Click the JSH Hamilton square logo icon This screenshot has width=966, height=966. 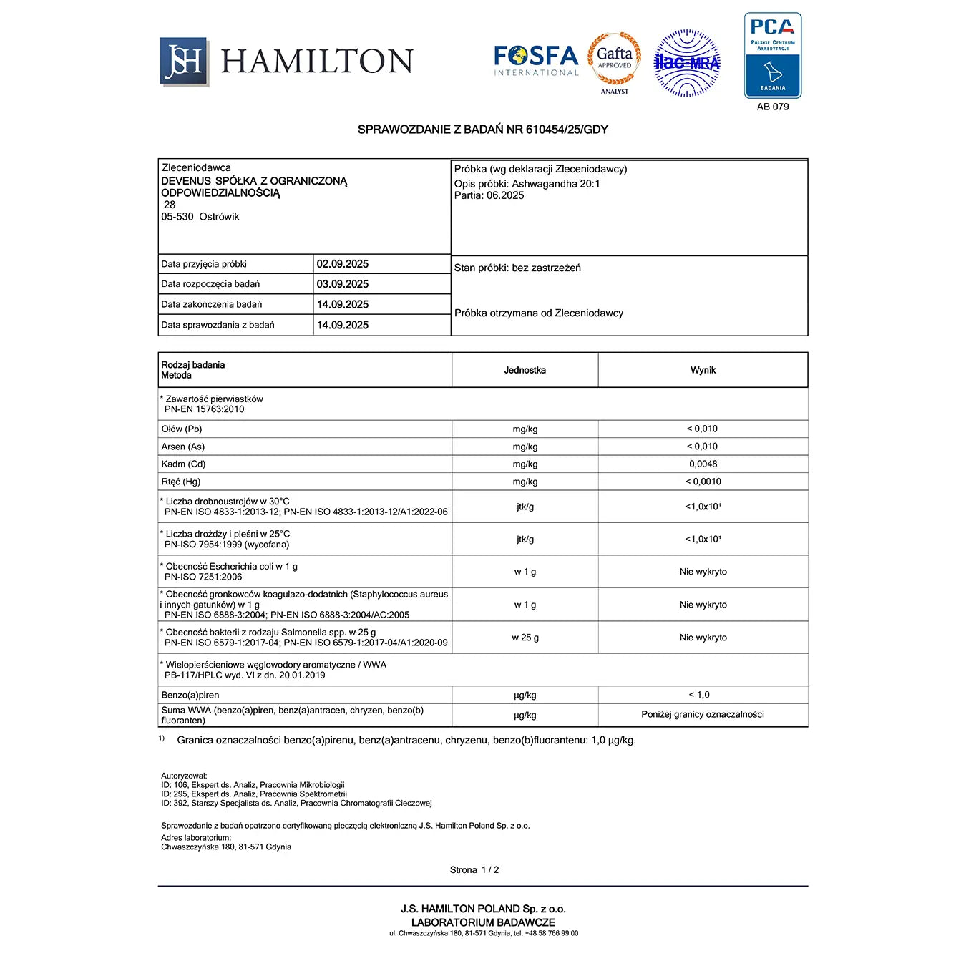point(184,62)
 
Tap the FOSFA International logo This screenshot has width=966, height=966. point(536,60)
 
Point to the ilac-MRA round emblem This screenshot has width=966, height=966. point(687,63)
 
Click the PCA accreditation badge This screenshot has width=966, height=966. point(773,55)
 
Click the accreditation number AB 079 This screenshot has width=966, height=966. point(773,107)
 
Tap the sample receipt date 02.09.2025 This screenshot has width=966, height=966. point(343,264)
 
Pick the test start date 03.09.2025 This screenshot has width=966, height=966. point(343,284)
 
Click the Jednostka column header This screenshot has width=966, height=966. point(525,370)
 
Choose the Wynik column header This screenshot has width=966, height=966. point(703,370)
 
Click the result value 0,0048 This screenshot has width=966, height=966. point(703,464)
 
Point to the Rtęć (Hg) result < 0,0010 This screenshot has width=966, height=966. point(703,482)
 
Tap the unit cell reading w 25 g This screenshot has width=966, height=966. point(525,638)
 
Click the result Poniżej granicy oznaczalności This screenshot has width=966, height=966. point(703,714)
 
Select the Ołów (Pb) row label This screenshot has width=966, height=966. point(182,429)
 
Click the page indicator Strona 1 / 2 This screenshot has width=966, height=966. point(474,870)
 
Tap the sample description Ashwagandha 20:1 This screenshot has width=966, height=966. point(556,184)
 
